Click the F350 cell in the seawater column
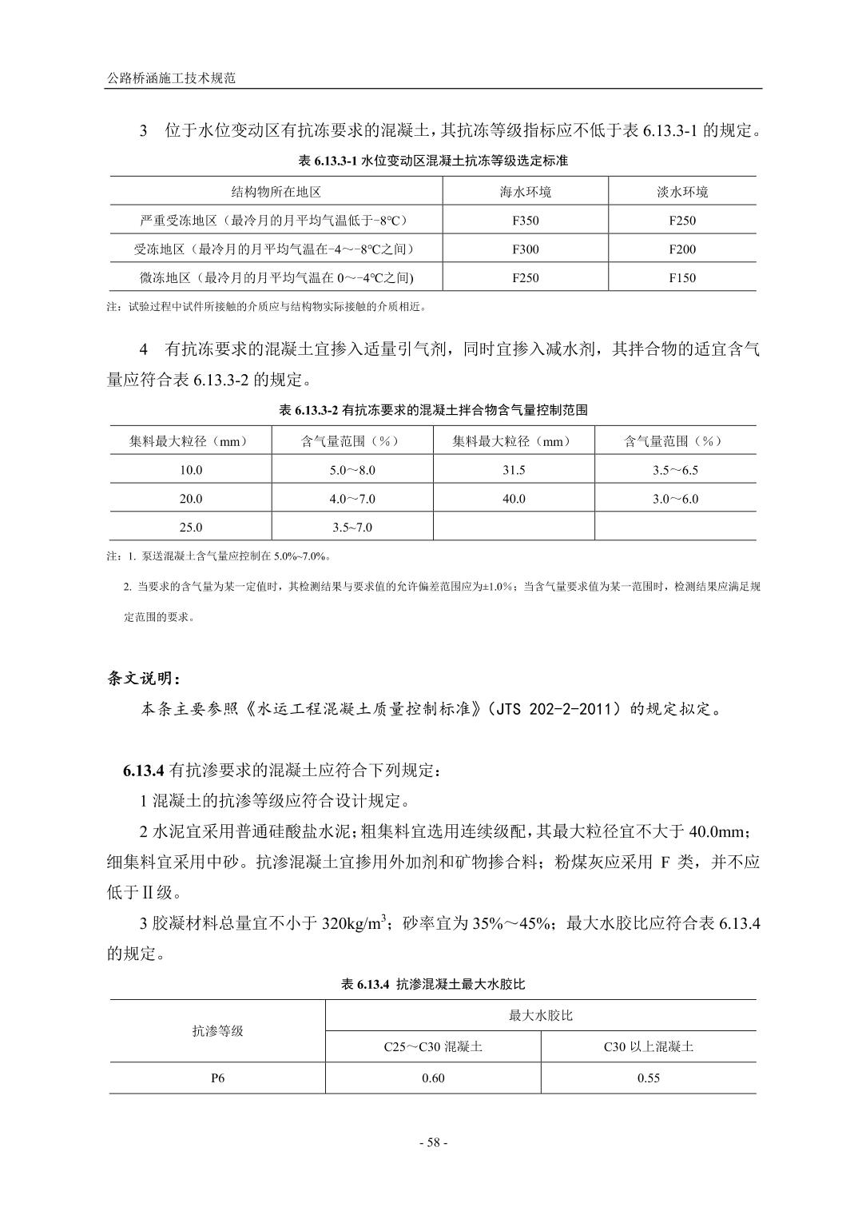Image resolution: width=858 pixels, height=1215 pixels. [x=525, y=221]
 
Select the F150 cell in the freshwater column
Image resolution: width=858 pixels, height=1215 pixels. [x=682, y=278]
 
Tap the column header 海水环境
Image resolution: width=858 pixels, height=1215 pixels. [x=525, y=192]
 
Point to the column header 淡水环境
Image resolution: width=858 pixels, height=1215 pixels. [x=682, y=192]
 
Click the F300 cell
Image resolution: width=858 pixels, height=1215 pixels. [x=525, y=249]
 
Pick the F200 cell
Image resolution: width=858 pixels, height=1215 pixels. [x=682, y=249]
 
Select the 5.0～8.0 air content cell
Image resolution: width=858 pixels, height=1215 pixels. [x=352, y=470]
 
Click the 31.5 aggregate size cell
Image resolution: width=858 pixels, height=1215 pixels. [x=514, y=470]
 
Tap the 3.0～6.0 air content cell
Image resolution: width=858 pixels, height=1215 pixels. [x=675, y=499]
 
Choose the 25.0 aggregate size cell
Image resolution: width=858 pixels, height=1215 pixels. [x=191, y=528]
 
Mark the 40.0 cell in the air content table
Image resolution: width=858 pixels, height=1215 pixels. [x=514, y=499]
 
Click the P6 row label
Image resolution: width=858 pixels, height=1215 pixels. [x=217, y=1078]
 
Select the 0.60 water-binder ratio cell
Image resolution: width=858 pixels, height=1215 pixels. [x=433, y=1078]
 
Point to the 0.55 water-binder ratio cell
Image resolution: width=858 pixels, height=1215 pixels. [x=649, y=1078]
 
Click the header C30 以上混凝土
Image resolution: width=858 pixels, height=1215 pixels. [x=649, y=1046]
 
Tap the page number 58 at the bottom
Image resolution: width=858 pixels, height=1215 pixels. [x=433, y=1142]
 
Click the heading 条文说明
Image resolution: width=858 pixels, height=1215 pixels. [x=144, y=679]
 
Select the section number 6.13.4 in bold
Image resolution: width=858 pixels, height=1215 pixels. [x=144, y=771]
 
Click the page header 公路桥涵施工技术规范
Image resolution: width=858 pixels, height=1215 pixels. [x=172, y=79]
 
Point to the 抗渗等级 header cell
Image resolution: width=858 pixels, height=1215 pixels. [x=217, y=1031]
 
